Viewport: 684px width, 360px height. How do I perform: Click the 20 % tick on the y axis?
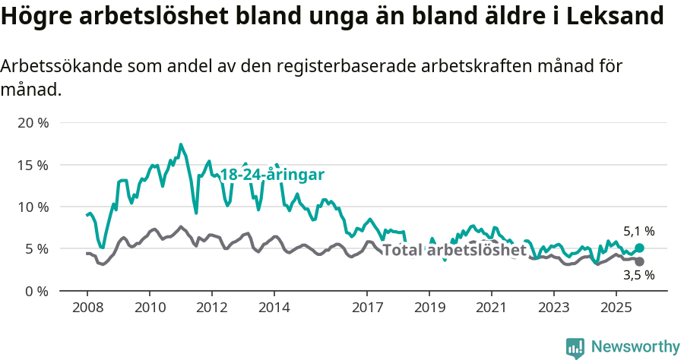point(32,123)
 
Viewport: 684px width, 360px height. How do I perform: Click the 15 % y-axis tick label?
point(32,165)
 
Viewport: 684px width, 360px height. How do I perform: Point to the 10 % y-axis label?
point(32,207)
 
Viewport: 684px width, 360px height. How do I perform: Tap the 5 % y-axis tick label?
point(36,249)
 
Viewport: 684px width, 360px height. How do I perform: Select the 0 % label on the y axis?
point(36,291)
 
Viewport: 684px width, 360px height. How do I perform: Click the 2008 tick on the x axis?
point(87,308)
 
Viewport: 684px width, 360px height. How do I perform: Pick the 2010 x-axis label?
point(149,308)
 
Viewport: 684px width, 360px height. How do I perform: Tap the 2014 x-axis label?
point(274,308)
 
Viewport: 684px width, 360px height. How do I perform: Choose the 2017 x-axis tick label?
point(367,308)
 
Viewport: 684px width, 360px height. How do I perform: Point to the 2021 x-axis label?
point(492,308)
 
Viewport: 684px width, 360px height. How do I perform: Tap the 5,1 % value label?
point(638,232)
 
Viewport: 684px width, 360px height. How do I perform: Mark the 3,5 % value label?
point(638,276)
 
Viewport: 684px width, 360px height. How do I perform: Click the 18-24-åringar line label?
point(272,175)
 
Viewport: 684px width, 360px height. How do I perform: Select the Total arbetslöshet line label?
point(454,251)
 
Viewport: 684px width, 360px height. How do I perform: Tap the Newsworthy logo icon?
point(575,347)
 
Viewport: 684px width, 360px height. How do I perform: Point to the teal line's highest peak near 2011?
point(180,144)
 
